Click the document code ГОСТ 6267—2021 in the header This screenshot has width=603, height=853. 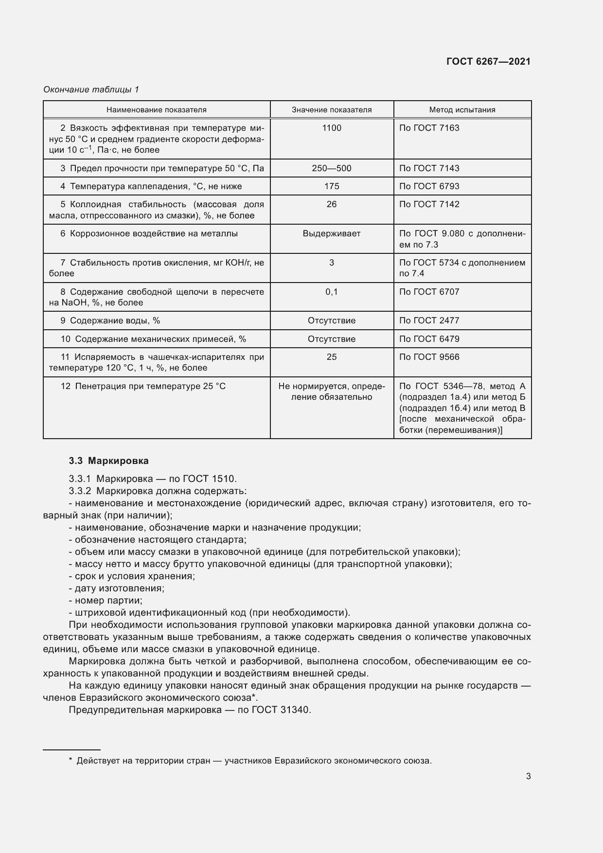click(488, 61)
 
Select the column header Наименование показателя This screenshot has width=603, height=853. click(157, 110)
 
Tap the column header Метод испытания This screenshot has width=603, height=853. click(462, 110)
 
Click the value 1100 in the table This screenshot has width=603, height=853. click(332, 128)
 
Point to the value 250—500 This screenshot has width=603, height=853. click(332, 168)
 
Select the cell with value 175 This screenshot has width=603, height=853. click(332, 186)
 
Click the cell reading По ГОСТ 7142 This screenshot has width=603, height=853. click(429, 204)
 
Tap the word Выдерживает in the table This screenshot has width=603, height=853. click(332, 233)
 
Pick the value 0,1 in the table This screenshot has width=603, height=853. click(332, 292)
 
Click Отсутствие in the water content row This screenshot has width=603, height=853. click(332, 320)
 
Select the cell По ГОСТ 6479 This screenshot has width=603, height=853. click(429, 339)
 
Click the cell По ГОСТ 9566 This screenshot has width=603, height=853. click(429, 357)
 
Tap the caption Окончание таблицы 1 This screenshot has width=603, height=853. click(91, 89)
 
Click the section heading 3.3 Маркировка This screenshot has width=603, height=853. click(109, 461)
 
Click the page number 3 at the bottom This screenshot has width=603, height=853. click(528, 776)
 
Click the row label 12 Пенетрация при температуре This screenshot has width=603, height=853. click(143, 386)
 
